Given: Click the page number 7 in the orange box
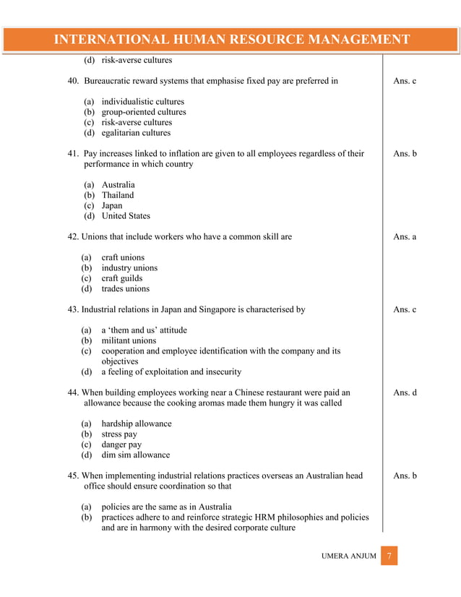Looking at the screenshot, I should [x=389, y=557].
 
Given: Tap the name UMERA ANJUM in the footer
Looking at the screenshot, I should [x=348, y=557].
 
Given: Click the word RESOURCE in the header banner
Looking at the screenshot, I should [x=239, y=39].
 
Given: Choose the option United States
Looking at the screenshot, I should [x=126, y=215].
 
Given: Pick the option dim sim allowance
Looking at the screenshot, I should [x=135, y=455].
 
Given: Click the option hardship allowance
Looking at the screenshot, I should [x=136, y=424].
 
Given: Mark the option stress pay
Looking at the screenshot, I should [x=119, y=434].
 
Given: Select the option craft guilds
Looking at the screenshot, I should [x=121, y=278].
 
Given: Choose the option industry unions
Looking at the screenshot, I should [x=129, y=267].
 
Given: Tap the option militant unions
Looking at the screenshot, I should [x=128, y=340].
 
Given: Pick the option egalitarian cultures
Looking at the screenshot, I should [x=136, y=133].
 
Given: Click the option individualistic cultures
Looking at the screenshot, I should [x=142, y=102].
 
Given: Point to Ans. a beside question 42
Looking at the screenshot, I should [x=404, y=236].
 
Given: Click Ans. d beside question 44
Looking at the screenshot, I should [x=404, y=392].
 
